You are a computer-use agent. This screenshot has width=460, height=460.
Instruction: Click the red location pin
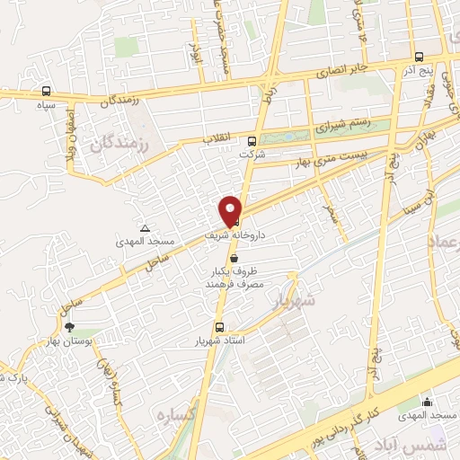tap(231, 211)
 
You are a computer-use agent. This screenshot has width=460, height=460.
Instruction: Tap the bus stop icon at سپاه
tap(46, 91)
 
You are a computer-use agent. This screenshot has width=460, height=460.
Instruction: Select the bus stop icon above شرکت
tap(252, 140)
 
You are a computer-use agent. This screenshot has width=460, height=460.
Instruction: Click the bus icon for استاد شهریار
tap(218, 328)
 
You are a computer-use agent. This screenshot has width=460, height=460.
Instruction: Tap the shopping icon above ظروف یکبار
tap(234, 257)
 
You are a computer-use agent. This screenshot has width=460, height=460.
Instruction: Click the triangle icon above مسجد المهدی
tap(145, 228)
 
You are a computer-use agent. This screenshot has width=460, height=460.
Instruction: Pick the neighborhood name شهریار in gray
tap(295, 302)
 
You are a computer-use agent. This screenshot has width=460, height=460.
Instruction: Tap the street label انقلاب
tap(218, 137)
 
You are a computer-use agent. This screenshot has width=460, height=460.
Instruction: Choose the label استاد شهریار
tap(219, 342)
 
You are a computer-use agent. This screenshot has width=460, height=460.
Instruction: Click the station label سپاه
tap(45, 105)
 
